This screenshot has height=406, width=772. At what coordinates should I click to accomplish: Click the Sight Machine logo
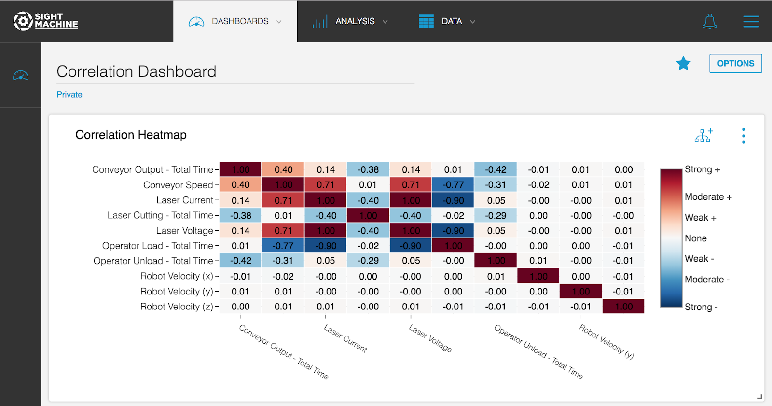click(46, 21)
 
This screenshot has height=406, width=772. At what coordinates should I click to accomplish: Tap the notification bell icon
click(709, 21)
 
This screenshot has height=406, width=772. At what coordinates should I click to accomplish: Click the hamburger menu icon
click(751, 21)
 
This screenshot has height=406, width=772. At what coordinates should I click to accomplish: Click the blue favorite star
click(683, 63)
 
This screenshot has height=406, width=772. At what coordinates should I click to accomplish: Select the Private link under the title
click(69, 95)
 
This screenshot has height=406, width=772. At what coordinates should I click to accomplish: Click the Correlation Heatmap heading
click(131, 135)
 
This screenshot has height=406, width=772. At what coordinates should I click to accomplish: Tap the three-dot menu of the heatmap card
click(744, 136)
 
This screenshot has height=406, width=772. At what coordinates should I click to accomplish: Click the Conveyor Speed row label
click(178, 185)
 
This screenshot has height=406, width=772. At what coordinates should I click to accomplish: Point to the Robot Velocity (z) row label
click(177, 307)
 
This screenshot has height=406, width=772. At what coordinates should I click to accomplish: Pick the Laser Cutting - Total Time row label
click(160, 215)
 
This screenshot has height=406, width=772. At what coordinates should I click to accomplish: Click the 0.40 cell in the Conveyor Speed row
click(240, 185)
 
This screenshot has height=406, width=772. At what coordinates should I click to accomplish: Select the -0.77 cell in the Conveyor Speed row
click(453, 185)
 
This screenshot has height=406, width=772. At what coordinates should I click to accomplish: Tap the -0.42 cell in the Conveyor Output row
click(496, 169)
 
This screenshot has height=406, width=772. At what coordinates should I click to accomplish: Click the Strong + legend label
click(702, 169)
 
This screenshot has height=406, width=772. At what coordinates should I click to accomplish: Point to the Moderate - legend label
click(707, 280)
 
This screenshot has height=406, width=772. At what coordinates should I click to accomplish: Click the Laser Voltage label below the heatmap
click(430, 338)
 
